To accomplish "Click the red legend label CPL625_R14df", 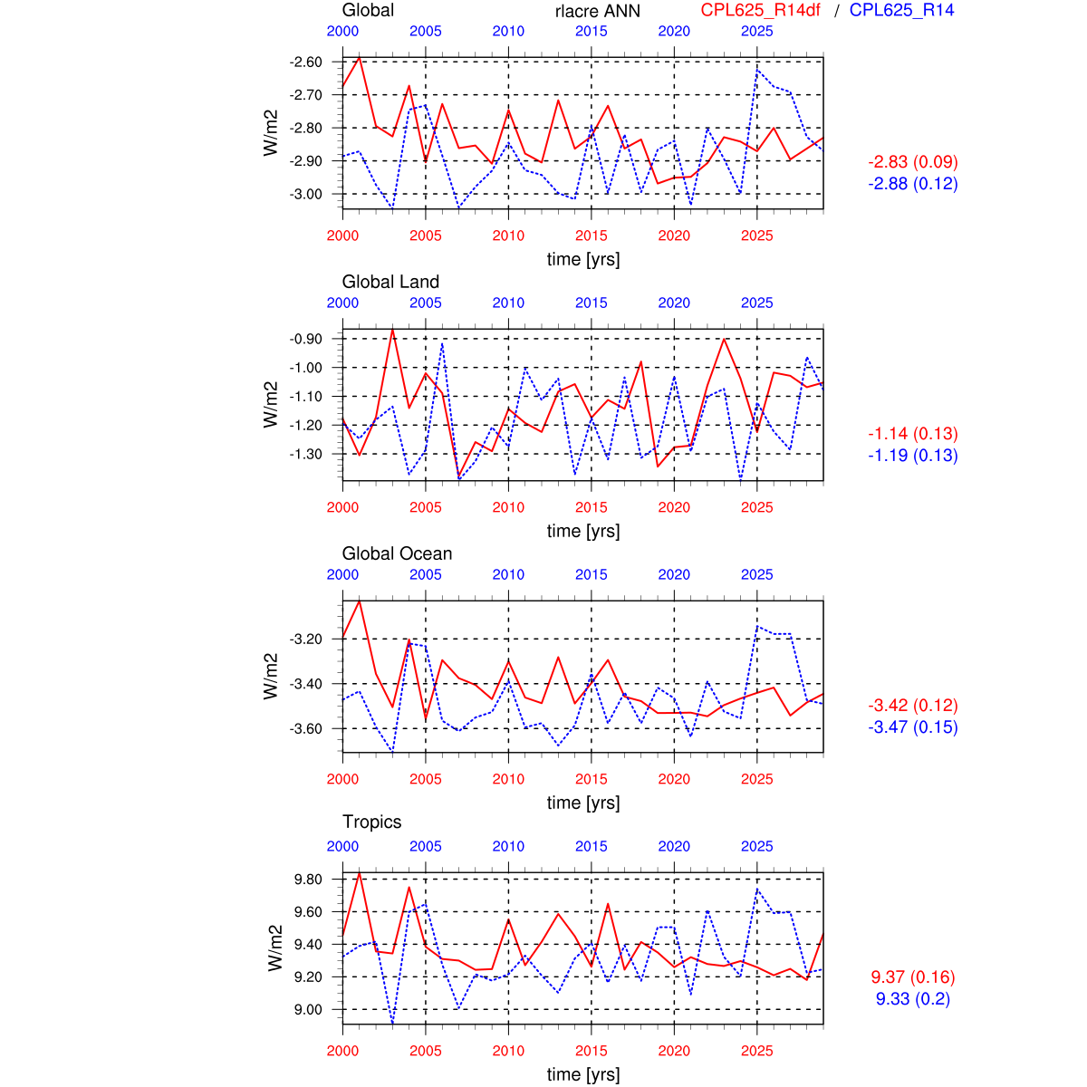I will (x=760, y=11).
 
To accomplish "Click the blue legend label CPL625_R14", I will (x=901, y=11).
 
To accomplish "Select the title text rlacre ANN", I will (x=597, y=12).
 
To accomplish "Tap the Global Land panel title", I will (x=390, y=282).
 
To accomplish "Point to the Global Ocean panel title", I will (x=397, y=553).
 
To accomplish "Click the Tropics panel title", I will (x=371, y=822).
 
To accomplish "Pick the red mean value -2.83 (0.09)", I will (x=913, y=162).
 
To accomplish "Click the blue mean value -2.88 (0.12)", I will (x=913, y=184).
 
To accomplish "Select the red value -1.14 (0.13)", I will (x=913, y=434).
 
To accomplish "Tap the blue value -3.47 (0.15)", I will (x=913, y=727).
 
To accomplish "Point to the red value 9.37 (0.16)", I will (x=913, y=977).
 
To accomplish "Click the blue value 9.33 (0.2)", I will (x=913, y=999).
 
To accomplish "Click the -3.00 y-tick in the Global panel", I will (x=305, y=194).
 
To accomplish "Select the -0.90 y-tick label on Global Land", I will (x=305, y=339).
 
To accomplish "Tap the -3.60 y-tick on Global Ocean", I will (x=305, y=728).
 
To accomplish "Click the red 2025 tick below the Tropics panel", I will (x=757, y=1051).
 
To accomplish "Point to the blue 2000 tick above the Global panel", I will (x=342, y=32).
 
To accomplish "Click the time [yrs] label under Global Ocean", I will (x=583, y=803).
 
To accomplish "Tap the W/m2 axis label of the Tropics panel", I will (x=274, y=948).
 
